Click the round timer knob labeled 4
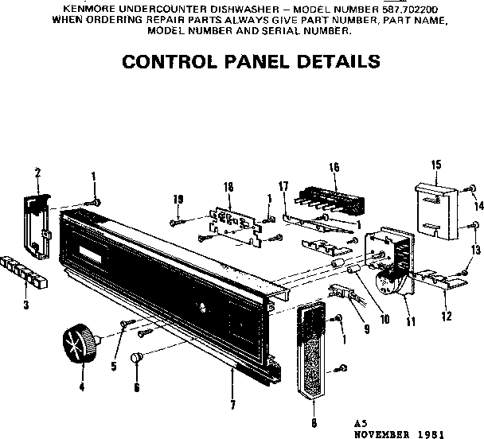click(x=78, y=346)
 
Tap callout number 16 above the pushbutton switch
click(x=334, y=168)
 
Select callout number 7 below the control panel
click(x=232, y=405)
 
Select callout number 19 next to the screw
click(x=178, y=199)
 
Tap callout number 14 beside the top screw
click(x=479, y=206)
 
